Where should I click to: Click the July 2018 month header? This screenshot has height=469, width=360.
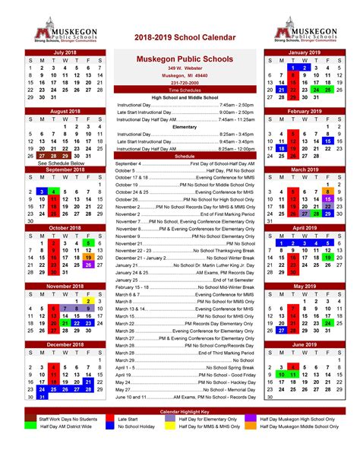click(65, 52)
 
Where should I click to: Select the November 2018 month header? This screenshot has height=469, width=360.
click(65, 286)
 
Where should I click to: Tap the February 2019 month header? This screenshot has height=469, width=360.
click(305, 111)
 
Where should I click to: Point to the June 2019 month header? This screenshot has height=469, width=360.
click(305, 344)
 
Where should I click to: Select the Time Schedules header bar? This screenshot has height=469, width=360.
click(185, 90)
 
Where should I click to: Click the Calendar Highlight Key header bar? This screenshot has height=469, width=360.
click(180, 411)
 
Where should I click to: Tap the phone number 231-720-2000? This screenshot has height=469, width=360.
click(185, 82)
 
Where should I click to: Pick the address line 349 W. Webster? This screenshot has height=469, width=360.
click(185, 68)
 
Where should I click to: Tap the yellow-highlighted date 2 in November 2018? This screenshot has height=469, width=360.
click(89, 301)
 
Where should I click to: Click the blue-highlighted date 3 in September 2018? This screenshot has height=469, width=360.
click(42, 192)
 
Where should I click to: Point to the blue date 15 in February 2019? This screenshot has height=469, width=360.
click(328, 141)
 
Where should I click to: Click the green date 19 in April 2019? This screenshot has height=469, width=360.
click(328, 258)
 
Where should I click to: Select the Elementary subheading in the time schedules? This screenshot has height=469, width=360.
click(185, 127)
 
